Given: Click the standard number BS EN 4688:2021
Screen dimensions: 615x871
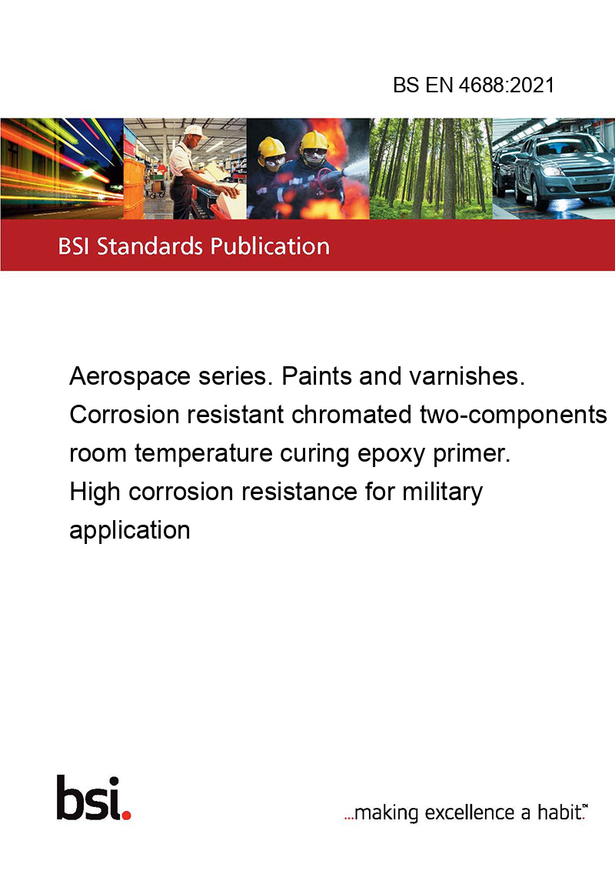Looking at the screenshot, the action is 474,85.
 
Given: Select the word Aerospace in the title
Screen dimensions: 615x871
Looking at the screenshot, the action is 129,377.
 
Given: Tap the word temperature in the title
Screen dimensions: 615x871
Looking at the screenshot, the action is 203,454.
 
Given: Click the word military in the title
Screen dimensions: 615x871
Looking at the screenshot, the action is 442,492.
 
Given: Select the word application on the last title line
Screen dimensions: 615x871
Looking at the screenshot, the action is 130,531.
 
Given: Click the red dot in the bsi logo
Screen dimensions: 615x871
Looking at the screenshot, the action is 126,816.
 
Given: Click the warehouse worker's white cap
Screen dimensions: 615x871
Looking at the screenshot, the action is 194,131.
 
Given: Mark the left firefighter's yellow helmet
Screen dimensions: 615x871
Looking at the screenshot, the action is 271,147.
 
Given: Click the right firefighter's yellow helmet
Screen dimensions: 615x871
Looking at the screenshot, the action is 314,141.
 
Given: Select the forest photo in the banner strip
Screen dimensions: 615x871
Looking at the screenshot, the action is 430,169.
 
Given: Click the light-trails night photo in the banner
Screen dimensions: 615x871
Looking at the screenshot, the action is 61,169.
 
